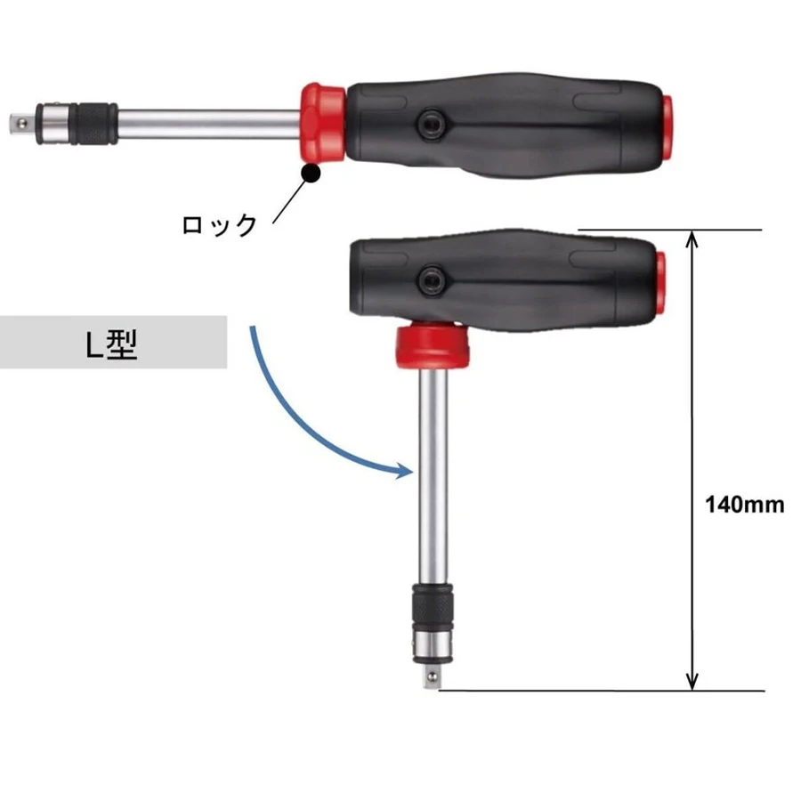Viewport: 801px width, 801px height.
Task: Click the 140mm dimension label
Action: coord(744,505)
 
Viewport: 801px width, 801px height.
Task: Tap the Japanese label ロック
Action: coord(220,225)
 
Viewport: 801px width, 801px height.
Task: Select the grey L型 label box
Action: coord(113,342)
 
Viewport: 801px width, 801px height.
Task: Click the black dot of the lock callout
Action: coord(311,174)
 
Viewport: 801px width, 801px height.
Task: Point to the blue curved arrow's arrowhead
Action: coord(405,471)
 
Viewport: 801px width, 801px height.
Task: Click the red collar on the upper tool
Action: coord(322,123)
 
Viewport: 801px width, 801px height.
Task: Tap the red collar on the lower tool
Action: coord(433,344)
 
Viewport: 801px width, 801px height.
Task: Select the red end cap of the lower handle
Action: coord(661,282)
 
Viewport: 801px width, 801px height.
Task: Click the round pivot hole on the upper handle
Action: coord(429,124)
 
